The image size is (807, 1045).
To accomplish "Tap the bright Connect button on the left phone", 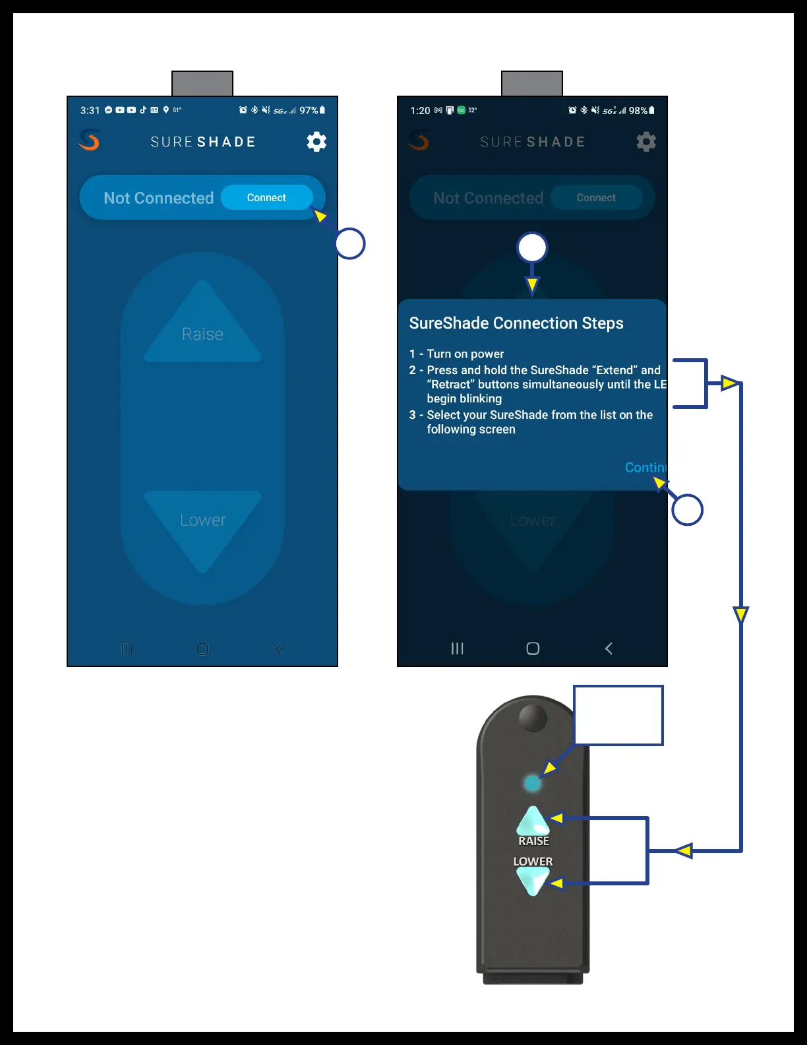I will (x=266, y=198).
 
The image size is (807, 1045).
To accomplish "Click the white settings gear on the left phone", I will (x=316, y=142).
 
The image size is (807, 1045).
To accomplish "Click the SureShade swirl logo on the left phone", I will (x=89, y=140).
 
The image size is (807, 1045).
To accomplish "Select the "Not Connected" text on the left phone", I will (x=158, y=198).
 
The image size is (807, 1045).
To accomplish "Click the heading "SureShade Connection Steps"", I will (x=516, y=323).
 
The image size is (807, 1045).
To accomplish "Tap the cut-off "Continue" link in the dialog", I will (x=645, y=468).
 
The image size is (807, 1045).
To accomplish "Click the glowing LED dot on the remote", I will (x=531, y=783).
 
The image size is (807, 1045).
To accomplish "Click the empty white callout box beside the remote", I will (x=618, y=716).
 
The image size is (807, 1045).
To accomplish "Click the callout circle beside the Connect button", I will (x=349, y=243).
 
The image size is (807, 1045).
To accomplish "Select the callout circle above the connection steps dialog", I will (x=532, y=248).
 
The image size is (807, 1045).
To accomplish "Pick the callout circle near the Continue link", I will (x=687, y=510).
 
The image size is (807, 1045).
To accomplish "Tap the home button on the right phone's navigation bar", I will (x=533, y=649).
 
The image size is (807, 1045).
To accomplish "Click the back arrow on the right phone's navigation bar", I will (x=609, y=649).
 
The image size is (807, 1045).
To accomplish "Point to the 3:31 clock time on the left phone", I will (x=90, y=110).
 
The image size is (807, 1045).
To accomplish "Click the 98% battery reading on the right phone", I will (x=638, y=110).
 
